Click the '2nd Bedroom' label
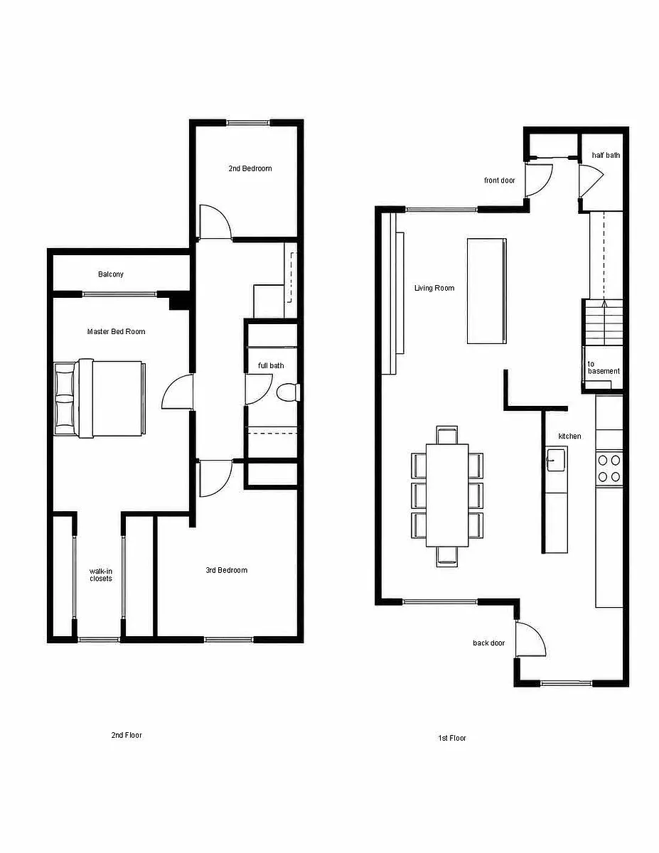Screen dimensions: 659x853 (x=250, y=168)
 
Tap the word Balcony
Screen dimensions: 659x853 (x=111, y=274)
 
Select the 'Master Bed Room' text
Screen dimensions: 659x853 (x=116, y=331)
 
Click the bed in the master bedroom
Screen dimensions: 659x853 (x=100, y=397)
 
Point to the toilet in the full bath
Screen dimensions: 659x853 (x=289, y=392)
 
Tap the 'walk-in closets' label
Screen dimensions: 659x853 (x=101, y=574)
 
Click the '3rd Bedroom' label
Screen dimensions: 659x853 (x=227, y=570)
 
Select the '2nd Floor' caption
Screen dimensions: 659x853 (x=127, y=735)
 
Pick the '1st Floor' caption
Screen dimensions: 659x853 (x=452, y=738)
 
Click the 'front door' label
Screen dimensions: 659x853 (x=499, y=180)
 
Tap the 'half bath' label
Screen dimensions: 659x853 (x=606, y=155)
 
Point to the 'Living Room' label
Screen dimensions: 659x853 (x=434, y=288)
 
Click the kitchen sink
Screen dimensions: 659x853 (x=556, y=460)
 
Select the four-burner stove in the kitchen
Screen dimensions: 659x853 (x=609, y=468)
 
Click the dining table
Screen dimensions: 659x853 (x=447, y=495)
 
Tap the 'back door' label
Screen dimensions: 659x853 (x=488, y=643)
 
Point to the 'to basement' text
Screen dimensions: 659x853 (x=604, y=368)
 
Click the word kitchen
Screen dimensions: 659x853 (x=569, y=436)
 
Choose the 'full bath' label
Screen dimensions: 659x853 (x=271, y=365)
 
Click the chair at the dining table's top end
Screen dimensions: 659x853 (x=446, y=435)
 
